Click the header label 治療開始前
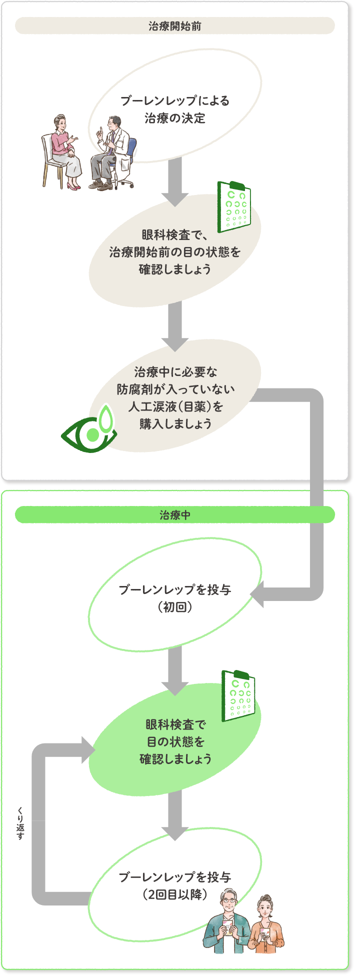[x=175, y=26]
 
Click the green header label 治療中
[x=175, y=515]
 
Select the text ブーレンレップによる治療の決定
[x=175, y=109]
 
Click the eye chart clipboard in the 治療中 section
[x=238, y=695]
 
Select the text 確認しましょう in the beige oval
[x=175, y=269]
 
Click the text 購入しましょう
[x=175, y=423]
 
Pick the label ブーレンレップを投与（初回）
[x=175, y=598]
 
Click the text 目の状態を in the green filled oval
[x=175, y=741]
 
